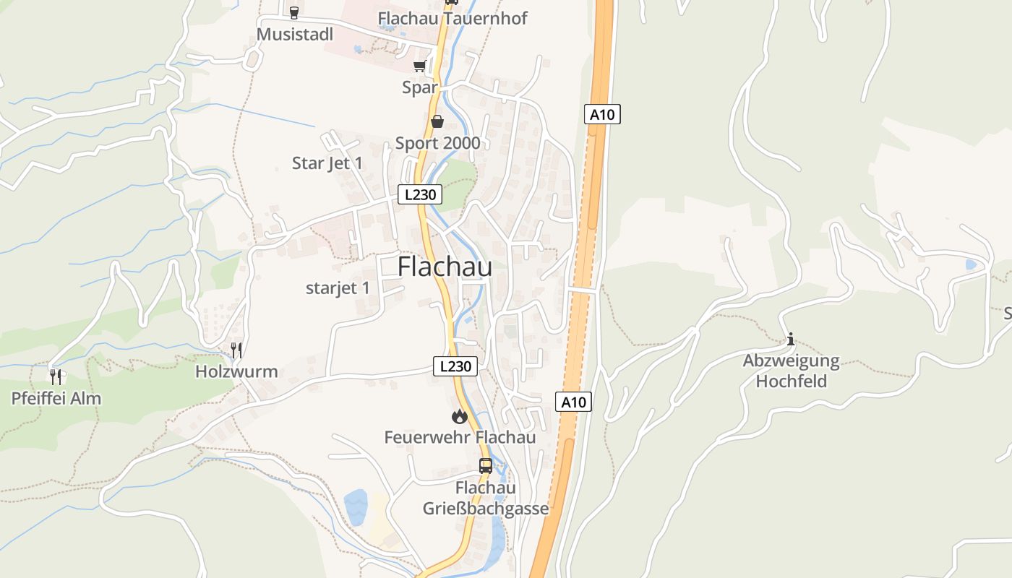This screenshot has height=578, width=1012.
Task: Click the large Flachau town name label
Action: tap(445, 267)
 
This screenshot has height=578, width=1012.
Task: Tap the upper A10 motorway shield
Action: tap(602, 114)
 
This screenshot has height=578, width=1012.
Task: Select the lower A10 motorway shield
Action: tap(574, 402)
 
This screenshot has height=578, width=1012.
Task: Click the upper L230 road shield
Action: tap(419, 194)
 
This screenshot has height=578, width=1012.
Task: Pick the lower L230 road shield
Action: tap(455, 366)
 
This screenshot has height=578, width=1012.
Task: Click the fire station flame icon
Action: tap(459, 416)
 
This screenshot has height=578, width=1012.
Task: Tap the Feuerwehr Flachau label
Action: tap(460, 437)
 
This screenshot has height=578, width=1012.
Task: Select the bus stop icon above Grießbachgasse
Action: tap(486, 466)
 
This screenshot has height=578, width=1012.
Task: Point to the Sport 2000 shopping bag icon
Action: tap(437, 121)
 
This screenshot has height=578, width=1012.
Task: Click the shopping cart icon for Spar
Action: tap(419, 66)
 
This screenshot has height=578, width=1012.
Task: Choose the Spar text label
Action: tap(420, 87)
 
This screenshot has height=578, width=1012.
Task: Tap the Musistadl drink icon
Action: tap(293, 13)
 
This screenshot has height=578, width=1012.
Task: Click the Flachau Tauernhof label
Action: tap(453, 18)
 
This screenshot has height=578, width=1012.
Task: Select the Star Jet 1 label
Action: tap(327, 163)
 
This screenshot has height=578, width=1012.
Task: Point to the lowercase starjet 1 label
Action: tap(338, 288)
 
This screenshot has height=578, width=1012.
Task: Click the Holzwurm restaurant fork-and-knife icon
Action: tap(236, 350)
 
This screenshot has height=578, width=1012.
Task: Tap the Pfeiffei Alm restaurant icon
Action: tap(56, 376)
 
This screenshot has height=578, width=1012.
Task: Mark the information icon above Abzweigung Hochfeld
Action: tap(791, 338)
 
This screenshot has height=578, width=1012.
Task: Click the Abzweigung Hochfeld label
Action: tap(792, 371)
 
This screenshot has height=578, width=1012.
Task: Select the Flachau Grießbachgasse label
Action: tap(486, 499)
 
